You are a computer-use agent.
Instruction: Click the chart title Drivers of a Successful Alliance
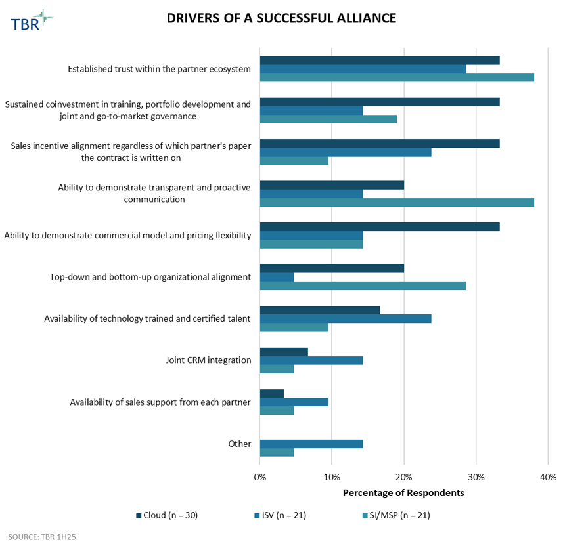coord(281,18)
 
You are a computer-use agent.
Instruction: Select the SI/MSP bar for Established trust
coord(397,77)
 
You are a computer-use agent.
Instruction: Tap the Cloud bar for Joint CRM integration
coord(284,352)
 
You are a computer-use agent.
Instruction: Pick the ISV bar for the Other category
coord(311,444)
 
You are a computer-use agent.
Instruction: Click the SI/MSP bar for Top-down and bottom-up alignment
coord(363,285)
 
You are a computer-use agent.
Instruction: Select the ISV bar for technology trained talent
coord(346,318)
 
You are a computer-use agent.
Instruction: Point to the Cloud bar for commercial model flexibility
coord(380,226)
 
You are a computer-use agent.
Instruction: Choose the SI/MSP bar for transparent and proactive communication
coord(397,202)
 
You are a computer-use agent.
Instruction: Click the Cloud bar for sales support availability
coord(272,394)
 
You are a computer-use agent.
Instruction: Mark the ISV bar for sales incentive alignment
coord(346,152)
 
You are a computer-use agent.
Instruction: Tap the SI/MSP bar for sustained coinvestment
coord(328,119)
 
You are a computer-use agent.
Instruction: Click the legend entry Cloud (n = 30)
coord(167,515)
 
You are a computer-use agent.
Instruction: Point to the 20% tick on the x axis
coord(404,477)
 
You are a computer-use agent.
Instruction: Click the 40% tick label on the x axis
coord(547,477)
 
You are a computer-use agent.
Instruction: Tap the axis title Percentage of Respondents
coord(403,492)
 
